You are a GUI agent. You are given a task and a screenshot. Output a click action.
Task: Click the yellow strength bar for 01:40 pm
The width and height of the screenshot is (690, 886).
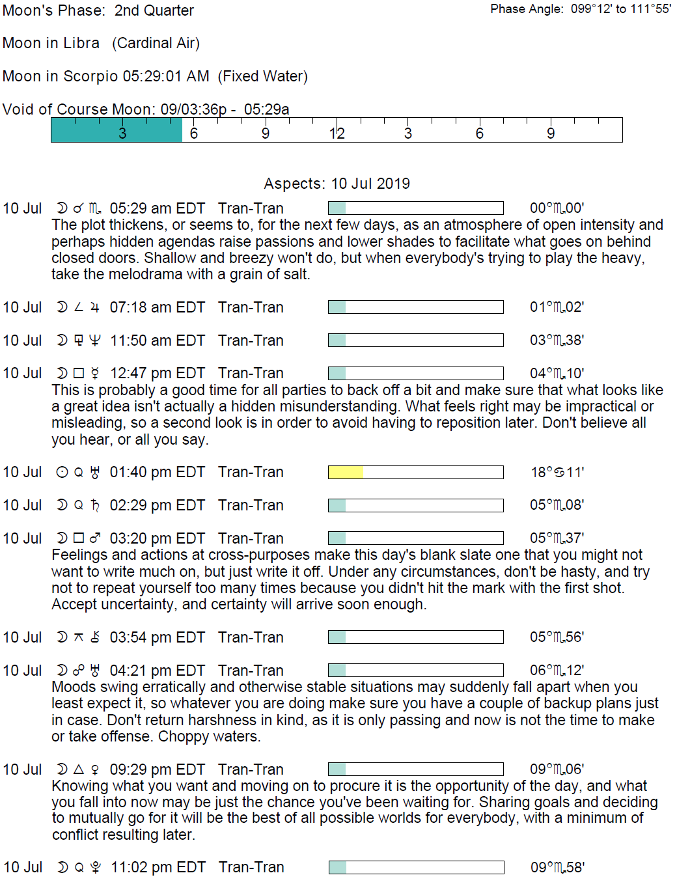click(x=346, y=472)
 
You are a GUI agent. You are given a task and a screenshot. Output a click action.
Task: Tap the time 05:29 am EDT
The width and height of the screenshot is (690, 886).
click(x=157, y=208)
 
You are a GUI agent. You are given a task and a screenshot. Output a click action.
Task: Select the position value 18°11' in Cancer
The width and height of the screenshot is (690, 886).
click(x=557, y=472)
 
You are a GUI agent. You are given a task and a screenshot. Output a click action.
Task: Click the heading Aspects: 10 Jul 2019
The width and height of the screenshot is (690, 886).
click(x=337, y=184)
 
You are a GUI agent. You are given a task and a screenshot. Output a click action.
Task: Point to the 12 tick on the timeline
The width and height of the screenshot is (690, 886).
click(x=337, y=133)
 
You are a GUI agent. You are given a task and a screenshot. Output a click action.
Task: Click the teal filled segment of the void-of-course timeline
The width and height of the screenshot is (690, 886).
click(x=117, y=130)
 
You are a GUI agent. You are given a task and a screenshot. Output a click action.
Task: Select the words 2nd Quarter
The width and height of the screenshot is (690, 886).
click(x=154, y=10)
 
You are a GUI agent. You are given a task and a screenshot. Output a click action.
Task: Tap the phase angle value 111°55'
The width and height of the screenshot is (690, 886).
click(x=650, y=9)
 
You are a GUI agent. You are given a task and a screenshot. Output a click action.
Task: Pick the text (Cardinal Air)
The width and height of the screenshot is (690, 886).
click(x=156, y=43)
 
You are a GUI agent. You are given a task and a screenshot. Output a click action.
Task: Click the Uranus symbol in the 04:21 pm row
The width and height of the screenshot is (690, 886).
click(x=95, y=671)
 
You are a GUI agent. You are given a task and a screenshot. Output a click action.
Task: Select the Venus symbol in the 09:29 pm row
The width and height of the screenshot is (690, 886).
click(x=95, y=769)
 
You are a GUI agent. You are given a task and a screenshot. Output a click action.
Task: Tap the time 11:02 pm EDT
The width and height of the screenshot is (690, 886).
click(x=158, y=867)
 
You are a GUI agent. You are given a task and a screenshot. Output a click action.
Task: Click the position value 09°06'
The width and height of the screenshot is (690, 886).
click(x=557, y=769)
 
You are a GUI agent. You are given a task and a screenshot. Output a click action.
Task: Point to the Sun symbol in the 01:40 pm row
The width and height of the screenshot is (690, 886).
click(x=62, y=472)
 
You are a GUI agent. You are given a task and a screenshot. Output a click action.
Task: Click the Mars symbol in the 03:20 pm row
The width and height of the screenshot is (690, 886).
click(x=95, y=538)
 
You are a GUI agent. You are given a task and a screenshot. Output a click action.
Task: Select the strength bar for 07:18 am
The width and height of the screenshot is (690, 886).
click(x=415, y=307)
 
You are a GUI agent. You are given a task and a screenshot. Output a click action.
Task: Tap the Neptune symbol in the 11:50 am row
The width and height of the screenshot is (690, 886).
click(x=95, y=340)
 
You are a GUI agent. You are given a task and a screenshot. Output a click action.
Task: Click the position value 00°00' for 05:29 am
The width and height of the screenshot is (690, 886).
click(x=557, y=208)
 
